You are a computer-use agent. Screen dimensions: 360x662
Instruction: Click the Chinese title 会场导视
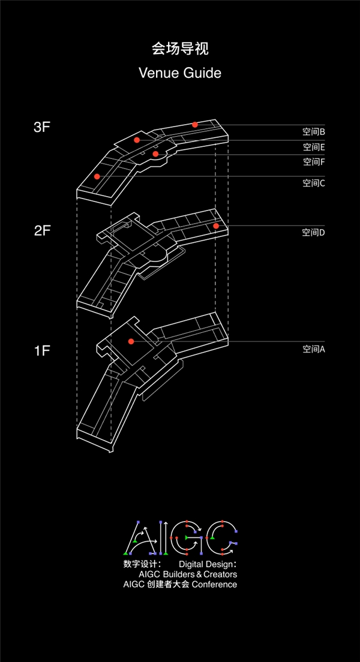point(180,49)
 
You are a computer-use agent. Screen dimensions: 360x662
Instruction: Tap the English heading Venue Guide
point(180,73)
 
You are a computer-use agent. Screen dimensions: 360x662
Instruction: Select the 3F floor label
point(42,128)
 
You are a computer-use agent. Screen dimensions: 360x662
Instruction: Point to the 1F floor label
point(42,350)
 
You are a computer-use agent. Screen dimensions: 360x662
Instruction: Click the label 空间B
point(314,132)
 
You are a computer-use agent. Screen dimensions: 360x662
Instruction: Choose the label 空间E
point(314,147)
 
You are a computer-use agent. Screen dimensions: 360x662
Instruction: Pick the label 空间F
point(314,161)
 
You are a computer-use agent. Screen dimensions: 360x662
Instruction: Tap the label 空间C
point(314,183)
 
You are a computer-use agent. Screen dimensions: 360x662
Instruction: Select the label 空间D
point(314,232)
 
